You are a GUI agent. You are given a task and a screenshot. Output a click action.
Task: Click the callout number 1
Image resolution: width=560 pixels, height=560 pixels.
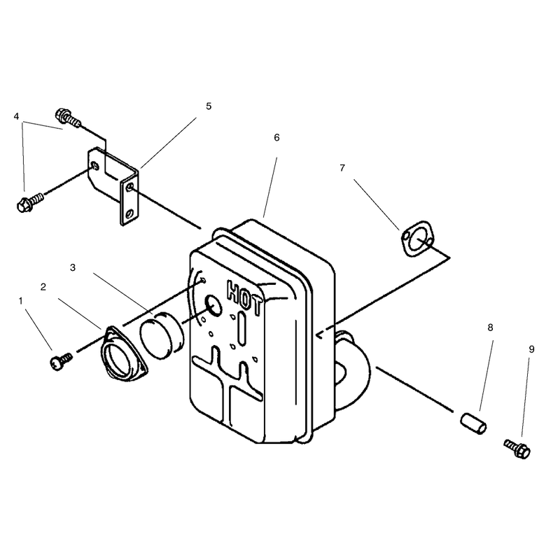click(x=20, y=301)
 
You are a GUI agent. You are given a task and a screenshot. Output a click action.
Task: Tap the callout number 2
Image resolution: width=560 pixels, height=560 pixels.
click(x=43, y=287)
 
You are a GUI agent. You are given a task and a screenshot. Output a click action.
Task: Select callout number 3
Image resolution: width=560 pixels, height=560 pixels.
click(x=73, y=267)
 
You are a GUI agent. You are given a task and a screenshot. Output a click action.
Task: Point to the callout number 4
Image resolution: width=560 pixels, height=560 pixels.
click(x=16, y=116)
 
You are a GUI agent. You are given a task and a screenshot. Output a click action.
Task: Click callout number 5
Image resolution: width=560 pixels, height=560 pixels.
click(x=209, y=106)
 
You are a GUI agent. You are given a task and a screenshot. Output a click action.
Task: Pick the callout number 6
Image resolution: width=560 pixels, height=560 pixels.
click(x=276, y=137)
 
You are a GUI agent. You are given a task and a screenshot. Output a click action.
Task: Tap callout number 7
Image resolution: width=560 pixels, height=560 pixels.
click(x=342, y=167)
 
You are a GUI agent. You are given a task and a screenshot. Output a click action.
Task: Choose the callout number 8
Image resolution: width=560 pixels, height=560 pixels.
click(x=491, y=328)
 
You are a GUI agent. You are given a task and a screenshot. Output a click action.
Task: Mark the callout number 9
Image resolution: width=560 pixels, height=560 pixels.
click(x=531, y=349)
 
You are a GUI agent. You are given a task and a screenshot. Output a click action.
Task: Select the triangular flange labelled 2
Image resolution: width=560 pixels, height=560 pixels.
click(x=123, y=353)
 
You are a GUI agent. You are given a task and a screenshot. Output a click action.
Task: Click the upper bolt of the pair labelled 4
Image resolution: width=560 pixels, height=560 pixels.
click(x=68, y=117)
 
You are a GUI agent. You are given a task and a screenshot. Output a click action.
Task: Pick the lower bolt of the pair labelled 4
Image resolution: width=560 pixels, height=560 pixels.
click(x=29, y=202)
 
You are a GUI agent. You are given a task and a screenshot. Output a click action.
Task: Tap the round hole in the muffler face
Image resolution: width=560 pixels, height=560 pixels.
click(x=213, y=306)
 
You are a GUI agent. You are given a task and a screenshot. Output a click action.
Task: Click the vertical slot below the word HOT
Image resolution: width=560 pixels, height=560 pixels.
click(x=241, y=328)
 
